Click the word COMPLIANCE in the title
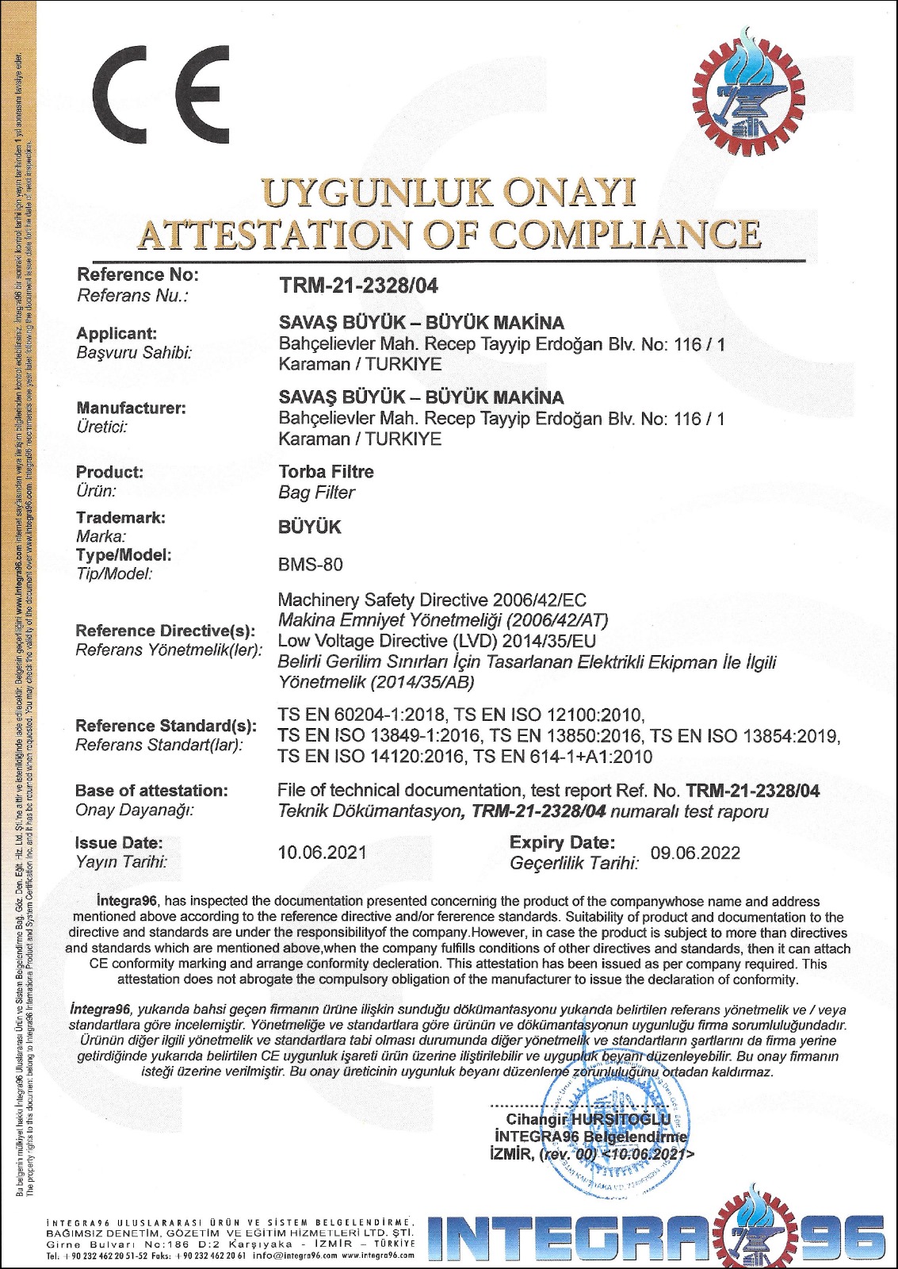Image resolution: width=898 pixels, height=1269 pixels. point(626,234)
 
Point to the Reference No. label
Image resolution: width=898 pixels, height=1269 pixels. point(137,275)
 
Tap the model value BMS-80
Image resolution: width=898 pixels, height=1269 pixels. point(311,565)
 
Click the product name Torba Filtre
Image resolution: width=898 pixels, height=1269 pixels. point(326,472)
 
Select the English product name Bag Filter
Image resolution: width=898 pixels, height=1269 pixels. point(316,493)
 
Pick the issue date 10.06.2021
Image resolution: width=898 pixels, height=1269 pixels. point(322,853)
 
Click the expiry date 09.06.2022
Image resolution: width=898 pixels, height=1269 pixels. point(695,853)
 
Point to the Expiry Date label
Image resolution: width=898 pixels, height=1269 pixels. point(562,842)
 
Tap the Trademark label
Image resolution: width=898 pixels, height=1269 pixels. point(120,518)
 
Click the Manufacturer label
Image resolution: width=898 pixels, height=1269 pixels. point(131,408)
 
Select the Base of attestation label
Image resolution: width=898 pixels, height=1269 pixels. point(151,791)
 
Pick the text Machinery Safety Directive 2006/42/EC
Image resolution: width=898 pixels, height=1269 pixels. point(432,600)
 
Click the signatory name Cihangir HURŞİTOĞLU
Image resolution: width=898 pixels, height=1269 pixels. point(588,1119)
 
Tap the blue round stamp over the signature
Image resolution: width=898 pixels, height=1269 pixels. point(614,1134)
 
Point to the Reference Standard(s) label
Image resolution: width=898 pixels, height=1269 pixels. point(166,726)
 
